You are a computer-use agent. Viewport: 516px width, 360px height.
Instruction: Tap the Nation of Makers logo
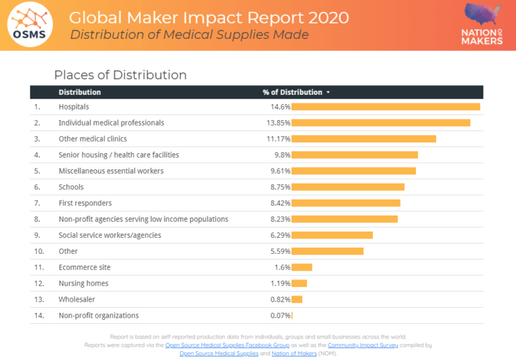[x=482, y=24]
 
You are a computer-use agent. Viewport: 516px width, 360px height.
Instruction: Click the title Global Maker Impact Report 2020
[x=209, y=17]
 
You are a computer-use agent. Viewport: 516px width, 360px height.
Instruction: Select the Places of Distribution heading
[x=120, y=75]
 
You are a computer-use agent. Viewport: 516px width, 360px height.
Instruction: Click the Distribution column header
[x=79, y=92]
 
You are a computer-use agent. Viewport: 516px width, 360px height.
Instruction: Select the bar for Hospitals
[x=386, y=107]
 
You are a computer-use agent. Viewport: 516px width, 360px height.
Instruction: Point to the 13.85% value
[x=278, y=123]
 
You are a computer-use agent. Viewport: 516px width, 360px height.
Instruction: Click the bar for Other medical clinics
[x=363, y=139]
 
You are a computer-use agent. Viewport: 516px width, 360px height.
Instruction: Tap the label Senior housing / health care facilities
[x=118, y=155]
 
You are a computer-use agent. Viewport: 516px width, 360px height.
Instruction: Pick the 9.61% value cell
[x=279, y=171]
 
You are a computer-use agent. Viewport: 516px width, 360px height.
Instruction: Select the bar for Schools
[x=348, y=187]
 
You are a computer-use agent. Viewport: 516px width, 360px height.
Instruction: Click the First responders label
[x=85, y=203]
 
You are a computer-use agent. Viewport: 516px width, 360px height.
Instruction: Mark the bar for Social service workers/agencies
[x=332, y=235]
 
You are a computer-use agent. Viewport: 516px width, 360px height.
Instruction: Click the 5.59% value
[x=279, y=251]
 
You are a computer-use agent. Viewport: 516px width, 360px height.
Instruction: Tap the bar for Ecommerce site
[x=302, y=267]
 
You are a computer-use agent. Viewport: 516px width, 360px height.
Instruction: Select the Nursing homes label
[x=83, y=283]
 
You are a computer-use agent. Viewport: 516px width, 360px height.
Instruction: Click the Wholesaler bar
[x=297, y=300]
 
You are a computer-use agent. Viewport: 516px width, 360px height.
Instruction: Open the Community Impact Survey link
[x=363, y=345]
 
